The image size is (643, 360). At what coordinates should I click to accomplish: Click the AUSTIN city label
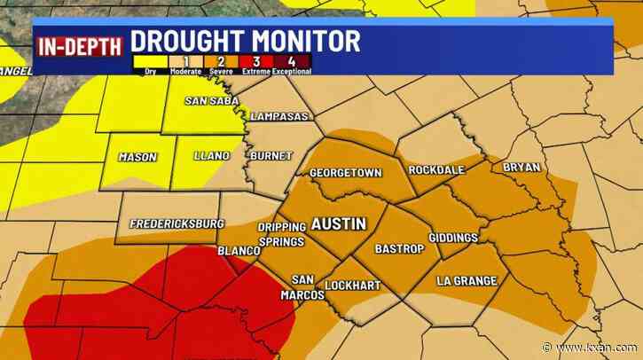(339, 223)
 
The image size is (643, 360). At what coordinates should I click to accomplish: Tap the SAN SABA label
(208, 100)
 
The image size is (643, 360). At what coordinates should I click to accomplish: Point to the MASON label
(137, 157)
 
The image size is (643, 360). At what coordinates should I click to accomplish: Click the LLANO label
(212, 157)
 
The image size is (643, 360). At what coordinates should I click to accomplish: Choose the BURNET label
(271, 156)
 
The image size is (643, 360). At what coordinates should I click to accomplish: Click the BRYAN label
(521, 168)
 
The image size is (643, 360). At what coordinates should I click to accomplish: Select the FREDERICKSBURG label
(176, 223)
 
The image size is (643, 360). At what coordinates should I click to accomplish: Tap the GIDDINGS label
(452, 238)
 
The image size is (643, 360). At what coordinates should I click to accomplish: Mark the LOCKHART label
(352, 286)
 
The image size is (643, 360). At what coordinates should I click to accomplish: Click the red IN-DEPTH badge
(78, 44)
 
